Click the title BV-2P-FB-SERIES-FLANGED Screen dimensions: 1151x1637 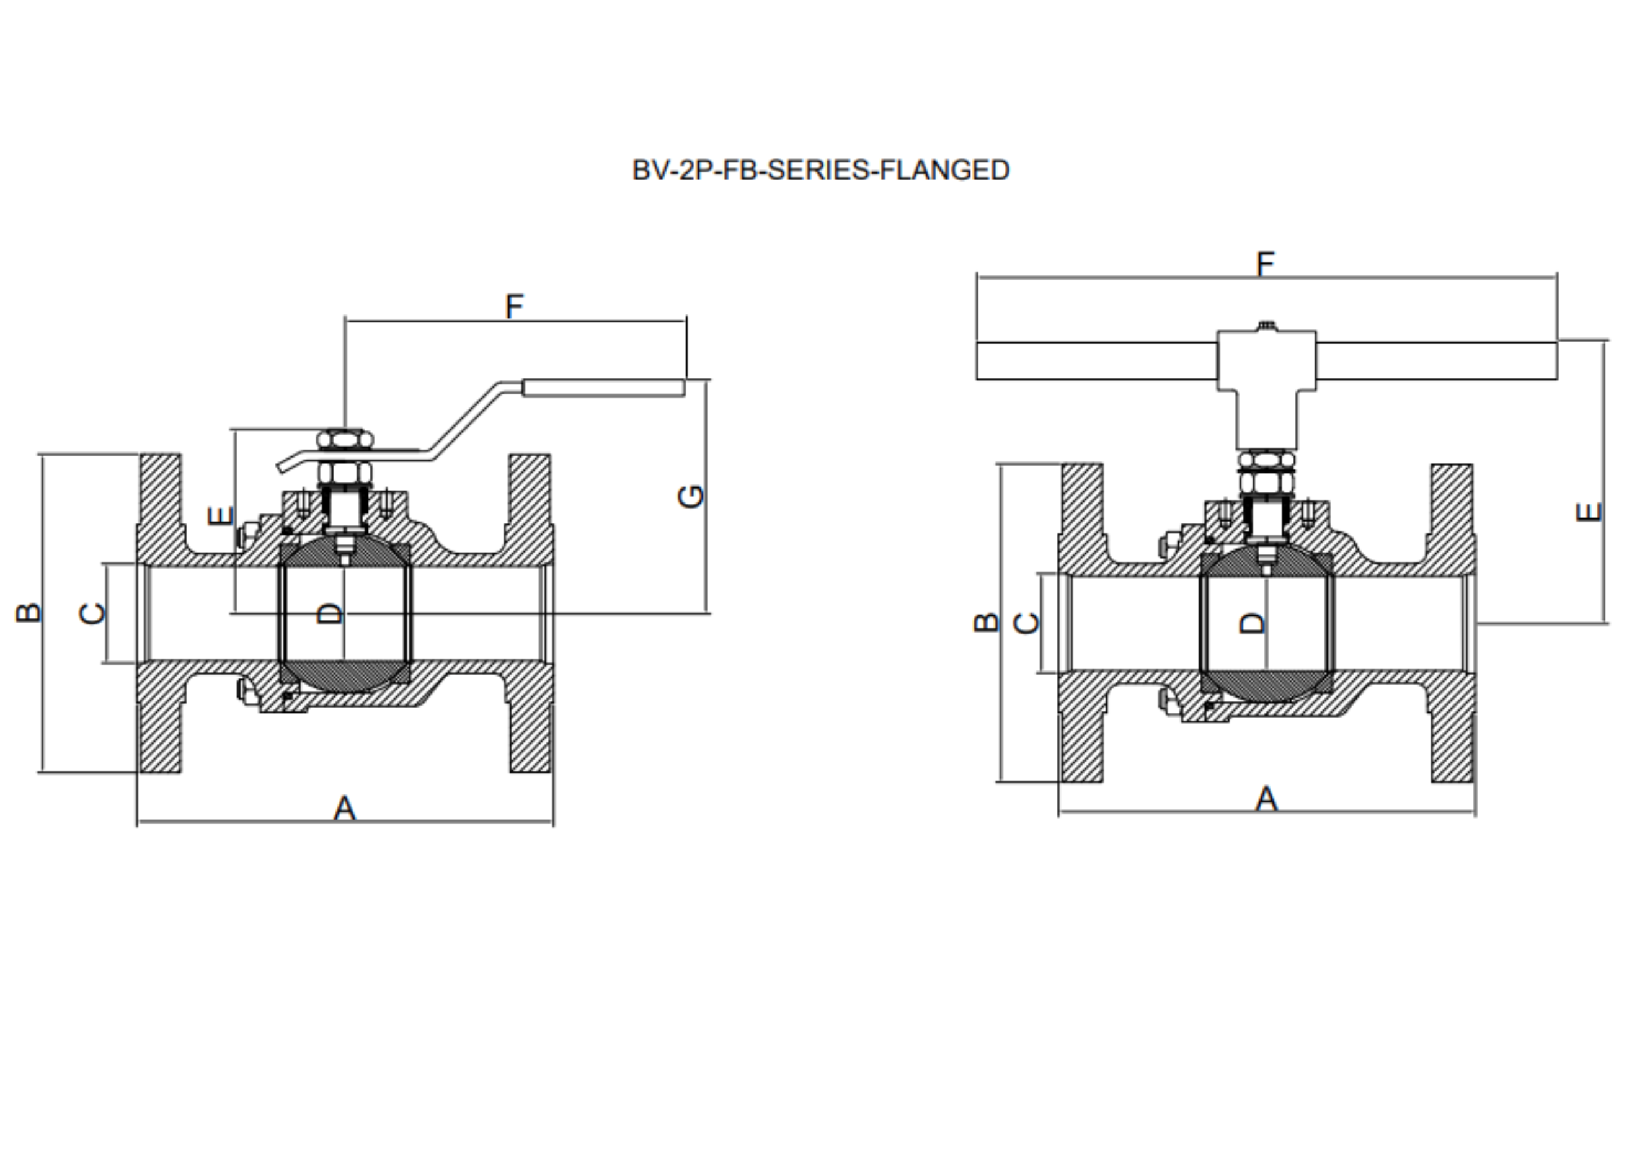820,171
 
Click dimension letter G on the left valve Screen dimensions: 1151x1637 691,496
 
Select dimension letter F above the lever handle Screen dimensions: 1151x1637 514,306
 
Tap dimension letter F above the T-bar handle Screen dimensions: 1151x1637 1265,264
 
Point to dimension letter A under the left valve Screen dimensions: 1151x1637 344,809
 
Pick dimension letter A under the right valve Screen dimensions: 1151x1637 1266,799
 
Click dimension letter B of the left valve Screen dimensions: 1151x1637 29,613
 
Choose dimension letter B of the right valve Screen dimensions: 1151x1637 986,622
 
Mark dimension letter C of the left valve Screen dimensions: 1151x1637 92,613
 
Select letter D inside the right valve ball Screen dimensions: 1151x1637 1253,623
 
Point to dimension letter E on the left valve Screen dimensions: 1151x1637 220,515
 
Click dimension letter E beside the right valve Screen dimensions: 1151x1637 1588,512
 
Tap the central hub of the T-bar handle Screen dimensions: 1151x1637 1266,360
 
